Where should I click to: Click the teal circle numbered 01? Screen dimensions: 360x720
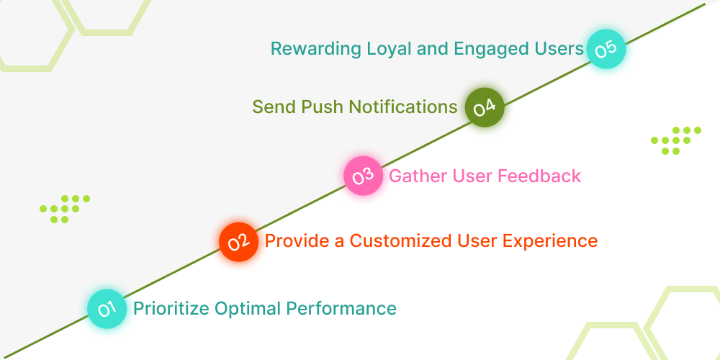(x=107, y=310)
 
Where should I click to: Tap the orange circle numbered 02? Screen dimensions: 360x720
(x=238, y=241)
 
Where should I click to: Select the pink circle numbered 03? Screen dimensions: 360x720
(x=363, y=176)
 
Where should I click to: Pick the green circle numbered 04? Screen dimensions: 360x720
(x=484, y=108)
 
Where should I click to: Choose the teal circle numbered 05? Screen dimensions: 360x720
(x=606, y=49)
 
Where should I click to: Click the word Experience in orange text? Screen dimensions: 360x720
(x=554, y=240)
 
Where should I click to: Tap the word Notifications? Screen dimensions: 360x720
(x=403, y=107)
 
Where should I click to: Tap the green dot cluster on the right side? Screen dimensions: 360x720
(x=675, y=140)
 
